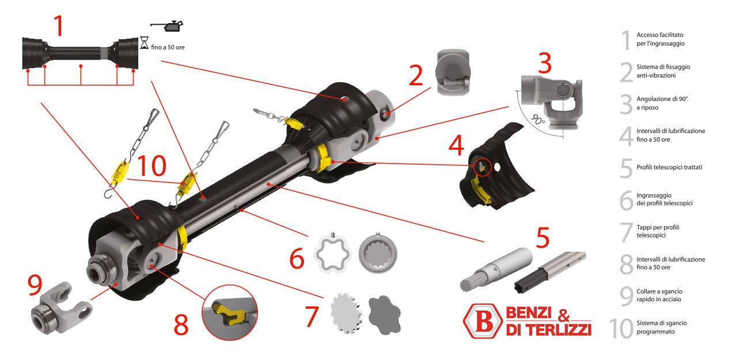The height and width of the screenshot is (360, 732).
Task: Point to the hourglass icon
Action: tap(145, 42)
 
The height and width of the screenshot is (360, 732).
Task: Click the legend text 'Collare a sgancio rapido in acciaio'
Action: tap(659, 295)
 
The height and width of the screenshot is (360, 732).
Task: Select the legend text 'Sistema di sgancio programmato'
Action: tap(662, 327)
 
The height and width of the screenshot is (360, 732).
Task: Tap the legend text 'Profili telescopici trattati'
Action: tap(669, 167)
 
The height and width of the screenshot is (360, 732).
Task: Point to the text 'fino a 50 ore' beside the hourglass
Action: tap(168, 47)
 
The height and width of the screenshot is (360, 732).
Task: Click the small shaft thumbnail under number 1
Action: tap(80, 50)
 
